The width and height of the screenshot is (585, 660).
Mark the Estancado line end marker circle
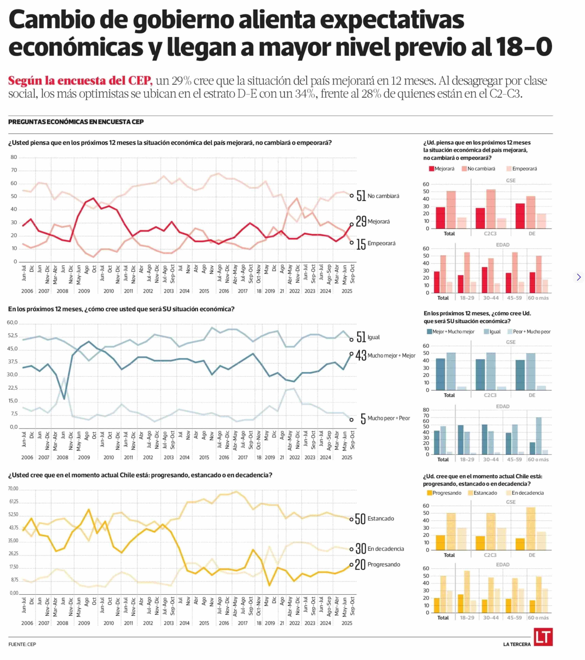tap(351, 519)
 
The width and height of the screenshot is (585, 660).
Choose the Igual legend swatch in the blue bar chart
tap(486, 332)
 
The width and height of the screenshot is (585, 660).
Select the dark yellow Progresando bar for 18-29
tap(461, 603)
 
